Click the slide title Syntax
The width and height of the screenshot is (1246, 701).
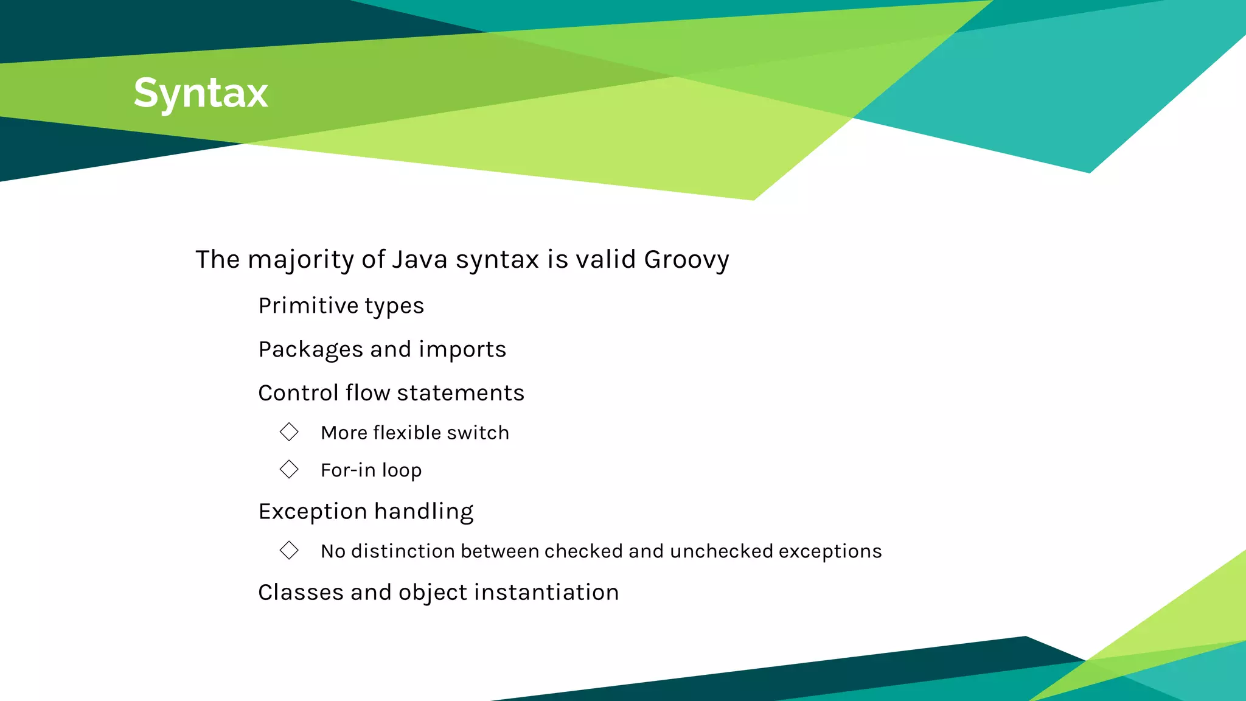[201, 93]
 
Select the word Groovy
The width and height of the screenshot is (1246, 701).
[686, 260]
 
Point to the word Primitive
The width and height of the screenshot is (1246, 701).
[307, 305]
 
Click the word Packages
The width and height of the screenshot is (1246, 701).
[310, 350]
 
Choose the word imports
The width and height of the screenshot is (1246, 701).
[462, 350]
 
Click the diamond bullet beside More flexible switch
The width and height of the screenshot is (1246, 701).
[289, 432]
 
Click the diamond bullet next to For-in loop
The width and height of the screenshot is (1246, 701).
[289, 469]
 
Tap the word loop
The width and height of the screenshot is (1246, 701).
[402, 470]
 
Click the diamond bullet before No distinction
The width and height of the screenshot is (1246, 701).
[289, 550]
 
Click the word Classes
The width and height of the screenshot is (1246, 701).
[294, 592]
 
